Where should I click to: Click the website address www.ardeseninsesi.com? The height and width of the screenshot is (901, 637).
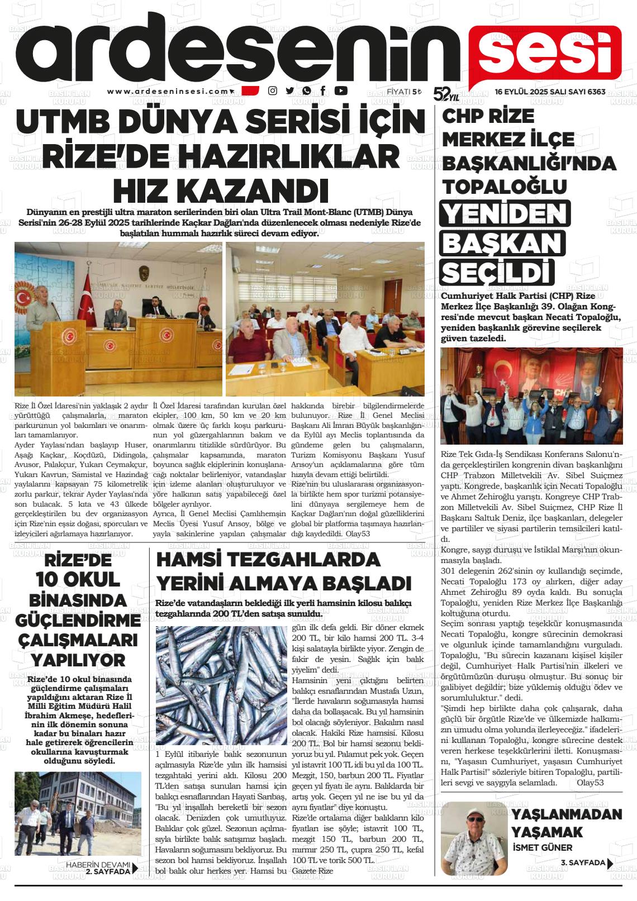coord(168,91)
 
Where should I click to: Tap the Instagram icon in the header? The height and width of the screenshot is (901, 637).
coord(273,91)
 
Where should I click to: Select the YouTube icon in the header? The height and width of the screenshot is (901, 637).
coord(340,91)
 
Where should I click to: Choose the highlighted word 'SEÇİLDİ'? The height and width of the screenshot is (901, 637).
coord(497,273)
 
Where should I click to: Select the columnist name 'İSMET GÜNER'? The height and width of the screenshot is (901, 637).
coord(542,847)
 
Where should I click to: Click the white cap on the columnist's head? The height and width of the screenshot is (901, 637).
coord(476,813)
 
